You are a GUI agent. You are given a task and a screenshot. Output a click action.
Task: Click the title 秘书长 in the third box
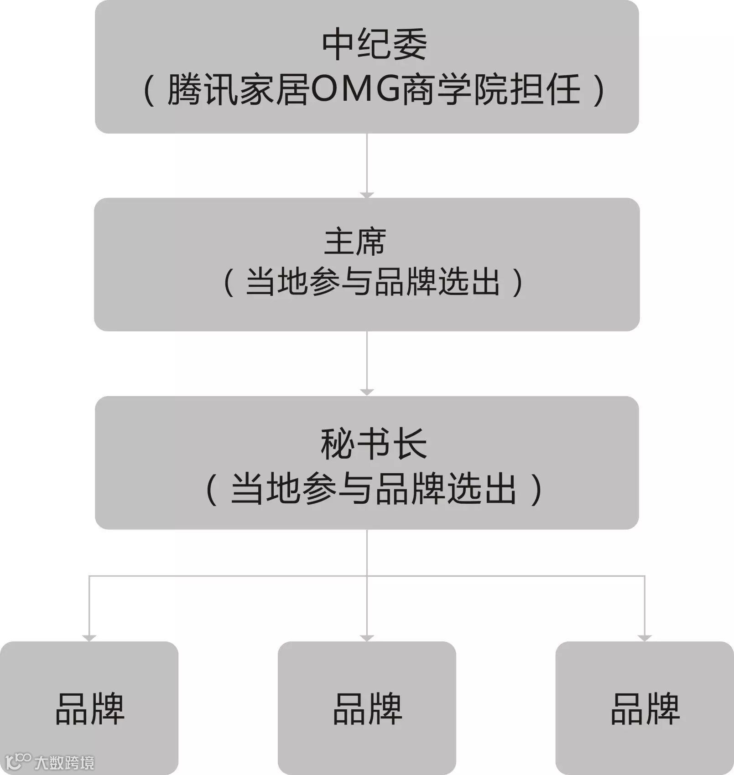click(x=374, y=444)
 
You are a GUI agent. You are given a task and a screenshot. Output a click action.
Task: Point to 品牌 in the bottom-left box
click(x=90, y=709)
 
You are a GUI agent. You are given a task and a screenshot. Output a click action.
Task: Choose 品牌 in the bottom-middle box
click(x=367, y=709)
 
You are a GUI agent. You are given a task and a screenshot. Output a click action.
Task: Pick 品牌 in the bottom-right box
click(x=645, y=709)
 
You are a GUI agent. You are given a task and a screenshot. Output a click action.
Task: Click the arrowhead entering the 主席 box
click(x=367, y=195)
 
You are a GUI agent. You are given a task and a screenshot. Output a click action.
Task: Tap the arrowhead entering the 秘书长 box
click(x=367, y=392)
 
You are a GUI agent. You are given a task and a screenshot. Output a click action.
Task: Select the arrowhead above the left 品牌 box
click(x=89, y=638)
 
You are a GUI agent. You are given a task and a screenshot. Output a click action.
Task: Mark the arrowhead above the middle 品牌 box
click(x=367, y=638)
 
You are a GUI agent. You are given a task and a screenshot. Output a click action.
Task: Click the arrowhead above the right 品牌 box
click(x=645, y=638)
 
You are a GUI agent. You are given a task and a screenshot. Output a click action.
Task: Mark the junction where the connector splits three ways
click(x=367, y=576)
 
